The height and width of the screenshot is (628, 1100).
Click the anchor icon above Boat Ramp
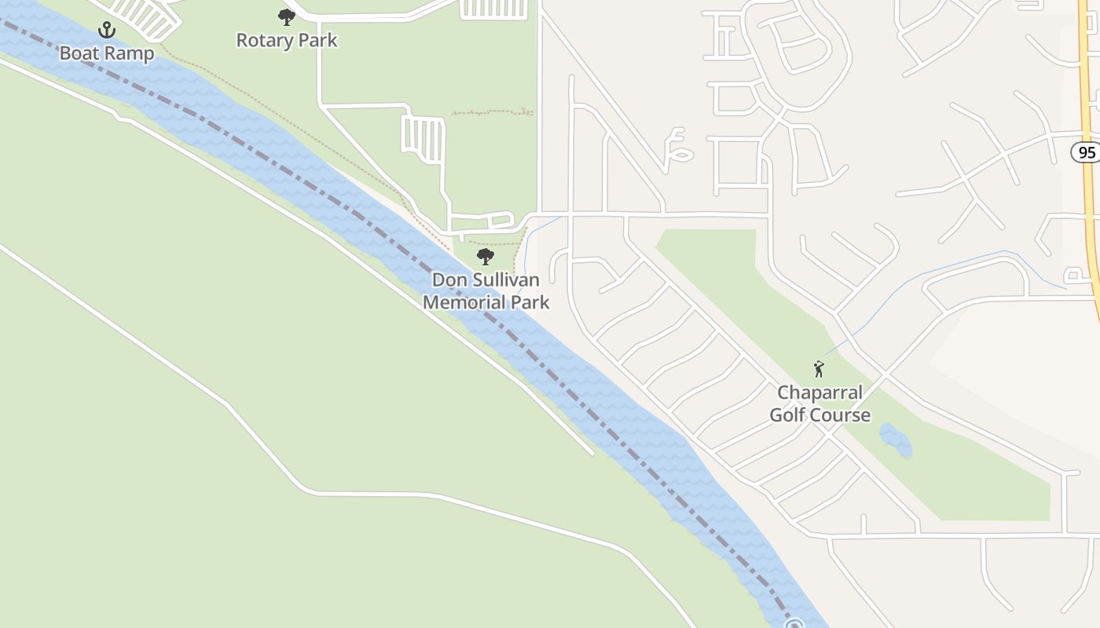pos(107,31)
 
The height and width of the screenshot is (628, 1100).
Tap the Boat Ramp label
pos(107,53)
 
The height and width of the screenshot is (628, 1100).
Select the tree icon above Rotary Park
pos(287,17)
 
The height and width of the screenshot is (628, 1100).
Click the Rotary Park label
pos(287,41)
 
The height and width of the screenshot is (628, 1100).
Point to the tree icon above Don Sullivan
pos(486,257)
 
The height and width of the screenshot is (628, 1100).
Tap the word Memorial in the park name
pos(464,301)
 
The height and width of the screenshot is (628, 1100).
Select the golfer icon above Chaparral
pos(819,369)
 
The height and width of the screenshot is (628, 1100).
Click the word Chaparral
pos(820,392)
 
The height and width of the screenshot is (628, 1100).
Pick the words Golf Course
pos(820,414)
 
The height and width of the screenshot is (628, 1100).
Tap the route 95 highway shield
pos(1087,152)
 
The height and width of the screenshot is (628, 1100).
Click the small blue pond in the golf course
pos(896,440)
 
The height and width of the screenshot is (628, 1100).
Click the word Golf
pos(787,414)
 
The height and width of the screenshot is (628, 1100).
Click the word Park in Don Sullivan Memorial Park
pos(529,301)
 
